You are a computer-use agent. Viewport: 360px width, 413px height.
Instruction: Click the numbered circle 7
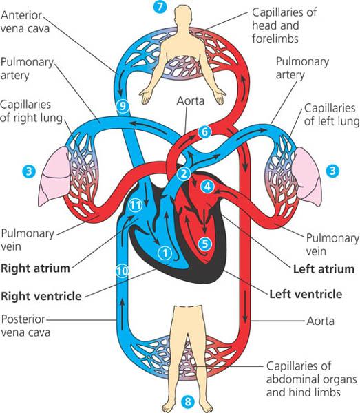(160, 8)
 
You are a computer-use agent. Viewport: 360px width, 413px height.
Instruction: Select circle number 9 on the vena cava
(123, 106)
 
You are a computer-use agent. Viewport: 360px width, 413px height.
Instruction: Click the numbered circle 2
(182, 174)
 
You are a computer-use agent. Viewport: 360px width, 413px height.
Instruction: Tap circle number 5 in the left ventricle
(204, 243)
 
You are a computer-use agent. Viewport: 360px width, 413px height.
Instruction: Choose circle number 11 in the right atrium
(136, 204)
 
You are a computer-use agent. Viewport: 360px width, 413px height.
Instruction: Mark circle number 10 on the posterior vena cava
(123, 271)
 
